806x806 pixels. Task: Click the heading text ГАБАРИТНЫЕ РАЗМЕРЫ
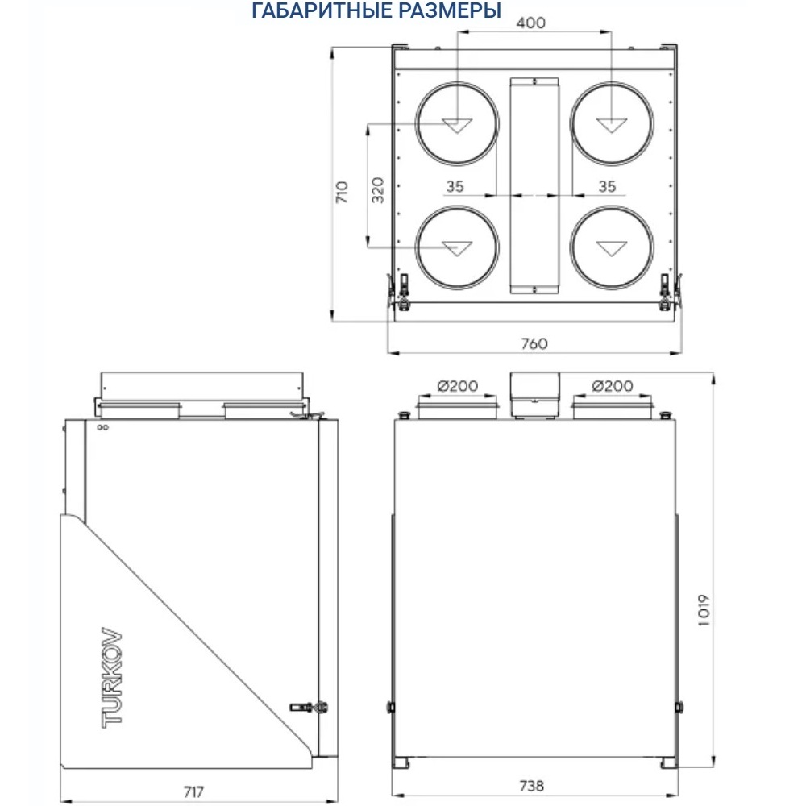tap(376, 11)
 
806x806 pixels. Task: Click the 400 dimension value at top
tap(530, 22)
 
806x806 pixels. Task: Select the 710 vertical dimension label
tap(342, 192)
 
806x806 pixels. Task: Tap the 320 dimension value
tap(377, 189)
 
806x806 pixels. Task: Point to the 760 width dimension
tap(534, 343)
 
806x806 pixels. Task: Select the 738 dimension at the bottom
tap(530, 785)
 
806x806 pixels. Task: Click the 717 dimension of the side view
tap(193, 791)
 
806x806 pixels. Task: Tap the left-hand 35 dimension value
tap(455, 186)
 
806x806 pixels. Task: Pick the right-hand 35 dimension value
tap(608, 186)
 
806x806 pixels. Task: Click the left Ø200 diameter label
tap(458, 386)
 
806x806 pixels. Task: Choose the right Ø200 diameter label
tap(613, 386)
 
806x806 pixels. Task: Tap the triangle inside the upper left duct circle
tap(456, 126)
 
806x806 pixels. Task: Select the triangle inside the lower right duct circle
tap(611, 248)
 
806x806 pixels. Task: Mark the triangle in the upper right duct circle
tap(611, 126)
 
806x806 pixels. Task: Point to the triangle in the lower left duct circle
tap(456, 248)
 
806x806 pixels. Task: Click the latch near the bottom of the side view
tap(310, 707)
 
